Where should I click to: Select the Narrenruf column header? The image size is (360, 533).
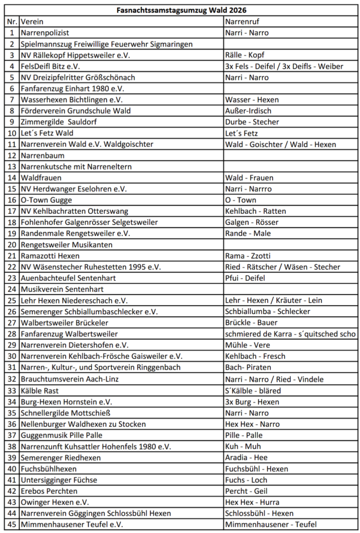(x=243, y=21)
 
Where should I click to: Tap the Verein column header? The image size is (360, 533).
(x=32, y=21)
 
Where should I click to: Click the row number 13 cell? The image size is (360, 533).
(x=12, y=167)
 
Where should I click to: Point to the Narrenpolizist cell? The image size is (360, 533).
(x=45, y=33)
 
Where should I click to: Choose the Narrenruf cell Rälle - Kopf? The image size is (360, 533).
(x=244, y=55)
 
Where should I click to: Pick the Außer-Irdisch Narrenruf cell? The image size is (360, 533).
(x=248, y=111)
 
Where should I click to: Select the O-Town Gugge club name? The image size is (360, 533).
(x=46, y=200)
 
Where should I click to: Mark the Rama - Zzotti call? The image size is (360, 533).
(x=248, y=256)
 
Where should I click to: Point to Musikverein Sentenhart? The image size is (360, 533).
(x=62, y=289)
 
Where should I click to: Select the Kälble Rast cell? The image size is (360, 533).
(x=40, y=390)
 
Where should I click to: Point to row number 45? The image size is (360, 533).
(x=12, y=525)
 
